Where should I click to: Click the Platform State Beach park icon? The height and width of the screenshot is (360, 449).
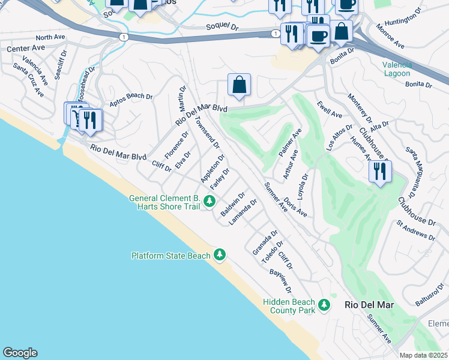pos(220,256)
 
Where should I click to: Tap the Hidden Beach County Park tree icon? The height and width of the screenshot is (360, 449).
pos(324,305)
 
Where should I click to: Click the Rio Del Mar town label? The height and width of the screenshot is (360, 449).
pos(369,305)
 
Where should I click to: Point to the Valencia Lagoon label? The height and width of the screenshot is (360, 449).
pos(397,69)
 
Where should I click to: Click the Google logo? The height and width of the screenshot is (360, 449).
pos(20,353)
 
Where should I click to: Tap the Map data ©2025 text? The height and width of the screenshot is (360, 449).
pos(424,355)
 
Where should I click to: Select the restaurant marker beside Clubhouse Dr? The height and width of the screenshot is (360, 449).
pos(380,172)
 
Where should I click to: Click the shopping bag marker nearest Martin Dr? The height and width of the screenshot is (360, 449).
pos(239,86)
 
